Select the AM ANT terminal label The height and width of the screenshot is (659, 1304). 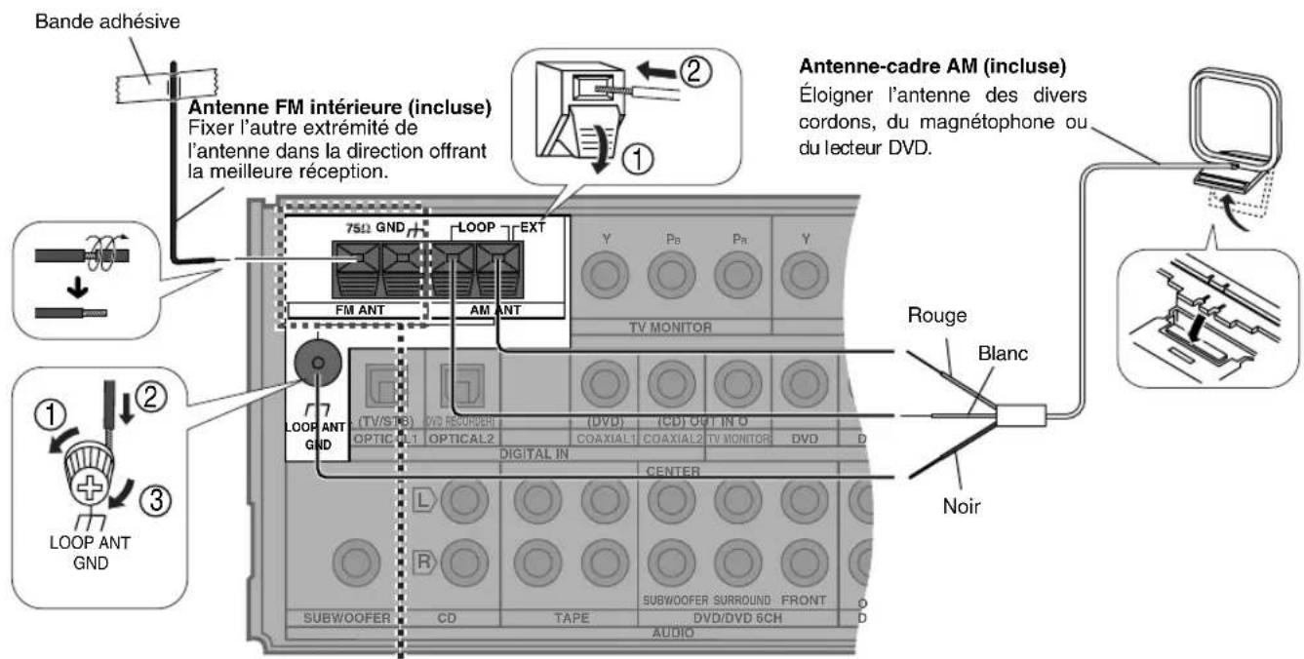coord(495,309)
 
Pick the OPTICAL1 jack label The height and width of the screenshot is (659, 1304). coord(382,439)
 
